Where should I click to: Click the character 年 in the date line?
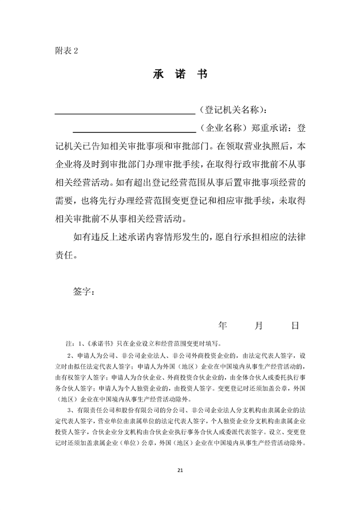click(x=223, y=325)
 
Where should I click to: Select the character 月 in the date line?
click(x=259, y=325)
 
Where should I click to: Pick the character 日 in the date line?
click(x=295, y=325)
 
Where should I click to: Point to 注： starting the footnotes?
click(x=71, y=344)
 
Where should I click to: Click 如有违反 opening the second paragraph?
click(x=94, y=237)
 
